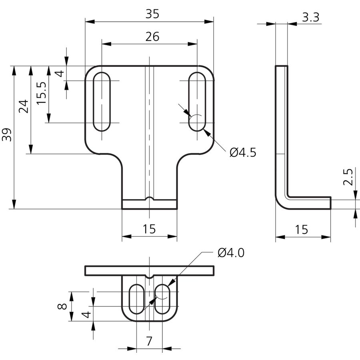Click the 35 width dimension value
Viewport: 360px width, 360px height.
(152, 14)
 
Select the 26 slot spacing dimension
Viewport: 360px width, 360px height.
(152, 37)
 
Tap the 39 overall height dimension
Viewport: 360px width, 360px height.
(7, 135)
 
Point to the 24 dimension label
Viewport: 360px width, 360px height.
(24, 106)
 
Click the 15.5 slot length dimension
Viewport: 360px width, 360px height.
(42, 93)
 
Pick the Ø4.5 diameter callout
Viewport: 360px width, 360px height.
(243, 153)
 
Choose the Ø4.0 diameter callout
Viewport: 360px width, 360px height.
(231, 253)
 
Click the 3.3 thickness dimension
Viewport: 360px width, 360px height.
(311, 18)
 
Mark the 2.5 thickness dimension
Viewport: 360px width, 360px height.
(348, 177)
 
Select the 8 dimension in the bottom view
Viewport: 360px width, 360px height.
(62, 306)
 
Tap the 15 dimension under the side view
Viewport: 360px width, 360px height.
(302, 230)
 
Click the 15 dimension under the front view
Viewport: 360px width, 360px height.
(149, 229)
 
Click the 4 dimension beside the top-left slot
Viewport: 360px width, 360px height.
(60, 74)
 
